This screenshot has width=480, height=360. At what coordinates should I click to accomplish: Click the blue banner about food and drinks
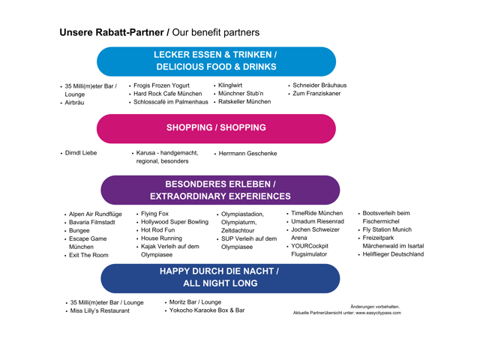pyautogui.click(x=216, y=61)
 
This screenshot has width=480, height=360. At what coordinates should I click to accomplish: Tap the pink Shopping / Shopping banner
pyautogui.click(x=216, y=127)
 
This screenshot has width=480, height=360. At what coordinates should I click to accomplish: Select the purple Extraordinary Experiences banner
pyautogui.click(x=220, y=190)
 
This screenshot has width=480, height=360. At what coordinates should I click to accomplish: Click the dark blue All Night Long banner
pyautogui.click(x=219, y=277)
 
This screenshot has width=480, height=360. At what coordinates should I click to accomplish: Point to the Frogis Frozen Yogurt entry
pyautogui.click(x=162, y=85)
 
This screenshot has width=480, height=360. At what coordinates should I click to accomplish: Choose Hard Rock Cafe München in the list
pyautogui.click(x=167, y=94)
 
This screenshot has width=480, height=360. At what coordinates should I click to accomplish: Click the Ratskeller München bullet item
pyautogui.click(x=244, y=102)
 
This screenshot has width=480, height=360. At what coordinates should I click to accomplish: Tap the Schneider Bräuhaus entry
pyautogui.click(x=319, y=85)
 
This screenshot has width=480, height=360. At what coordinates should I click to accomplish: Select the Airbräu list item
pyautogui.click(x=74, y=103)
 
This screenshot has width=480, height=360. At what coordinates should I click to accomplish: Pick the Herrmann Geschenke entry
pyautogui.click(x=247, y=154)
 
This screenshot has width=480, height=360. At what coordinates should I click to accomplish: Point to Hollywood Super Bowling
pyautogui.click(x=175, y=222)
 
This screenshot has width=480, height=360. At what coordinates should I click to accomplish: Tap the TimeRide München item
pyautogui.click(x=316, y=214)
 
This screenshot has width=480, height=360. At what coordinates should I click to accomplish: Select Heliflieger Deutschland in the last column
pyautogui.click(x=393, y=254)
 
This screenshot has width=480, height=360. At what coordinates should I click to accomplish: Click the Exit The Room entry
pyautogui.click(x=88, y=255)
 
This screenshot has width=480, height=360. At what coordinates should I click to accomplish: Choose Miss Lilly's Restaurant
pyautogui.click(x=100, y=310)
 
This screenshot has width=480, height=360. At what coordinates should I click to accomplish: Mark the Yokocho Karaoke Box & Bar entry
pyautogui.click(x=207, y=310)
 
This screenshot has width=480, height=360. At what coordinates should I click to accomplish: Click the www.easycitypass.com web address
pyautogui.click(x=378, y=313)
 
